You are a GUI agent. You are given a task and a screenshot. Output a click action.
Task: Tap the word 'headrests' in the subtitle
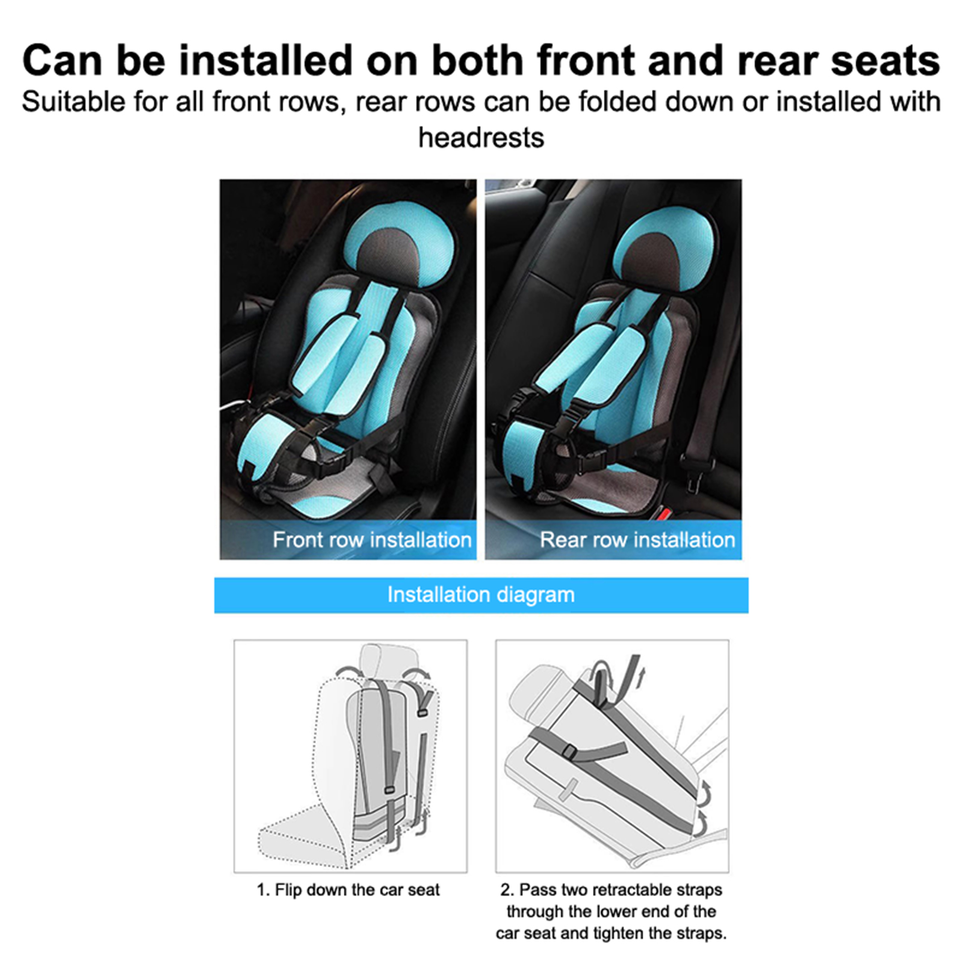tap(482, 138)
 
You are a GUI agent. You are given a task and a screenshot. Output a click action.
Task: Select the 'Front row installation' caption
tap(372, 540)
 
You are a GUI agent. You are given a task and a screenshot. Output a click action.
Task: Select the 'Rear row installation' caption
tap(637, 540)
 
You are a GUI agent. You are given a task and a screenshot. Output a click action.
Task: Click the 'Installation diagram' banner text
tap(481, 595)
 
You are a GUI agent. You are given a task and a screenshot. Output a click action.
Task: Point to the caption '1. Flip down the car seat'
tap(348, 890)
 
